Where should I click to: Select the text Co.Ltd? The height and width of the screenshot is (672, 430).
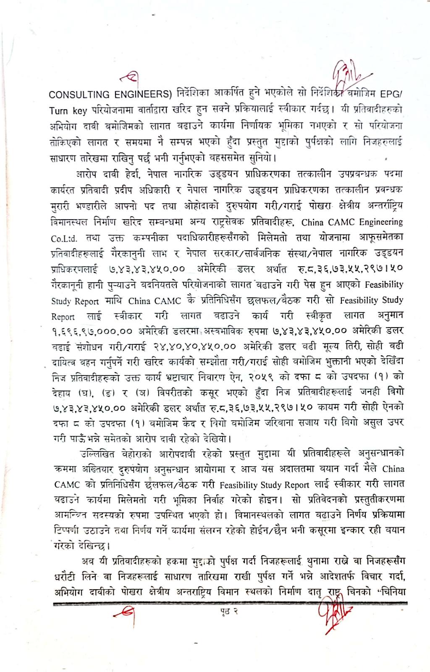(64, 239)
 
